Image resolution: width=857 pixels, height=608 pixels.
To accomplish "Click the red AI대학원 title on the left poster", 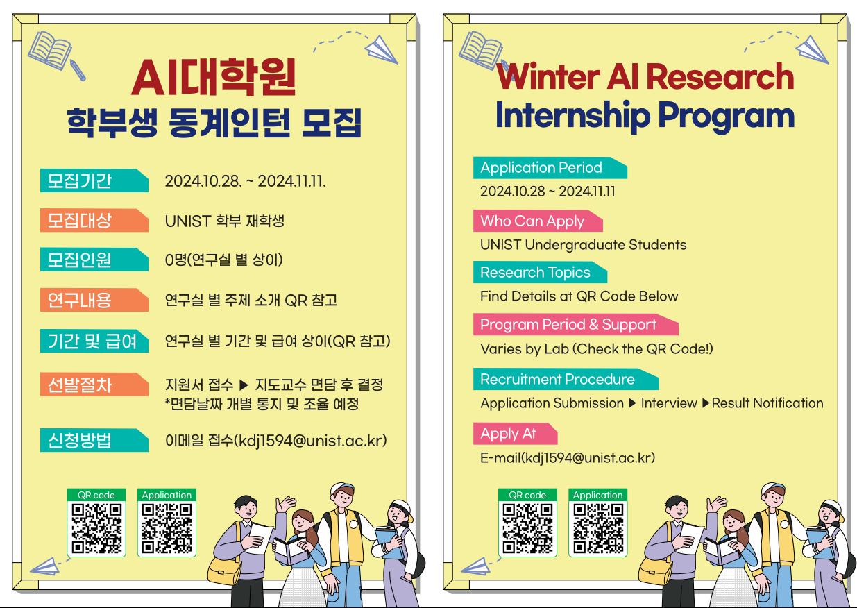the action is pos(214,77).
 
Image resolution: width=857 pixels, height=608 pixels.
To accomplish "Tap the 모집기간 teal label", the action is pos(94,180).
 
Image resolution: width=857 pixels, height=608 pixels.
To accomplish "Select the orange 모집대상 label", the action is pos(94,220).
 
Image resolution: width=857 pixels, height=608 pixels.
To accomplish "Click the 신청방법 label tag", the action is pos(94,440).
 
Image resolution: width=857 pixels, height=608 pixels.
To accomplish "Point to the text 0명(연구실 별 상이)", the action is pos(224,260).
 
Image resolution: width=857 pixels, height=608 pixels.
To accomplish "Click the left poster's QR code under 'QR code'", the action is pos(96,528).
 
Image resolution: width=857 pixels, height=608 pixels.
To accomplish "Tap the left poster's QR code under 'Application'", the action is pos(167,528).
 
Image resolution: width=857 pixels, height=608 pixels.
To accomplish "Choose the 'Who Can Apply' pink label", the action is pos(538,221).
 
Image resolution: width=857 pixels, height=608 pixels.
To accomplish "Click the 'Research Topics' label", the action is pos(540,273).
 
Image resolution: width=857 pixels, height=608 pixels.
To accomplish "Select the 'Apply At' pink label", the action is pos(516,434).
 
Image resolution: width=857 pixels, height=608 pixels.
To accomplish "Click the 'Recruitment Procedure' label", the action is pos(566,379).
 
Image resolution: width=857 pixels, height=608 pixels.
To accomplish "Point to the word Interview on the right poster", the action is pos(669,403).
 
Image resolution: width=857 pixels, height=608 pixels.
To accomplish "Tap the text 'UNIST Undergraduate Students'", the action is pos(584,245).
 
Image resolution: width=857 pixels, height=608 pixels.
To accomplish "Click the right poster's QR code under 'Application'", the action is pos(598,528).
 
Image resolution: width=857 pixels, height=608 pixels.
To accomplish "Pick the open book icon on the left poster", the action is pos(50,51).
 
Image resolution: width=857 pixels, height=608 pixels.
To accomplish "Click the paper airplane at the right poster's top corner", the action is pos(812,50).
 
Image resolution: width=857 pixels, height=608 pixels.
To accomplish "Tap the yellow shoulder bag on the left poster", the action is pos(225,571).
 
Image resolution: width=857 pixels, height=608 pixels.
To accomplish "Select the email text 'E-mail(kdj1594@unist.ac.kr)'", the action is pos(568,457).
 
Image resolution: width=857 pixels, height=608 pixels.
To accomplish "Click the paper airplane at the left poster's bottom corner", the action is pos(45,566).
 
